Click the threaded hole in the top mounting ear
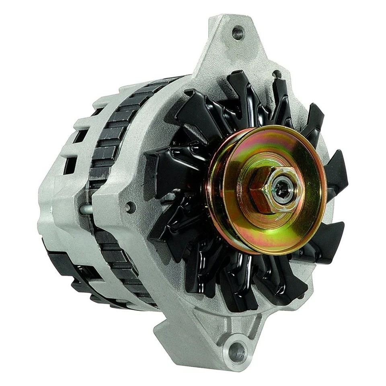point(238,33)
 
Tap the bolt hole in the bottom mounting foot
point(237,353)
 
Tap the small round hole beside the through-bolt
point(130,207)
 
